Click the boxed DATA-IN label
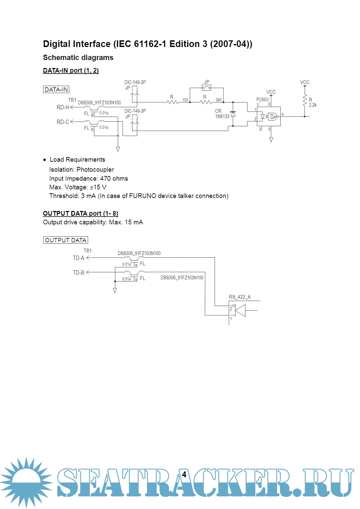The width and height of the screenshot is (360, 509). [x=56, y=90]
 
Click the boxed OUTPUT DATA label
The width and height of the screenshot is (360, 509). [x=66, y=240]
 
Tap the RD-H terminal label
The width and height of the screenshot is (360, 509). [x=63, y=107]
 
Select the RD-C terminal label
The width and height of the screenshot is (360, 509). [x=63, y=122]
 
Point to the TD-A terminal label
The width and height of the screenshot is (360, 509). [x=78, y=258]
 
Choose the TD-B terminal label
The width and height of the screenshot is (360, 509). [x=78, y=273]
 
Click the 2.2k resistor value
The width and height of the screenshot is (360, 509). [x=313, y=105]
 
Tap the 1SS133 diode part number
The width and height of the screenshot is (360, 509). [x=222, y=116]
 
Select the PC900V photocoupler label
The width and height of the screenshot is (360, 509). [x=263, y=100]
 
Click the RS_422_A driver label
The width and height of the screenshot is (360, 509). [x=240, y=297]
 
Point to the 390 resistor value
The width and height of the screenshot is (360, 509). [x=219, y=100]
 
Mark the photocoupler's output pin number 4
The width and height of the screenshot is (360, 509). [x=283, y=114]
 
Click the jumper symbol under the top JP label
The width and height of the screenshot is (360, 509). [x=207, y=88]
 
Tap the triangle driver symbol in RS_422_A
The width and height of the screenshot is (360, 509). [x=240, y=310]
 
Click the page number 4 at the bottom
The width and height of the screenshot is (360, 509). [x=184, y=475]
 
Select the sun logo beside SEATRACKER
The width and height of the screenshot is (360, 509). [x=26, y=482]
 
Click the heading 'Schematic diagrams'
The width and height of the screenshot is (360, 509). [x=78, y=58]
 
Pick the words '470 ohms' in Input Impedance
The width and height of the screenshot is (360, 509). [x=114, y=179]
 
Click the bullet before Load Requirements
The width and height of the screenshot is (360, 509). [x=45, y=160]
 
